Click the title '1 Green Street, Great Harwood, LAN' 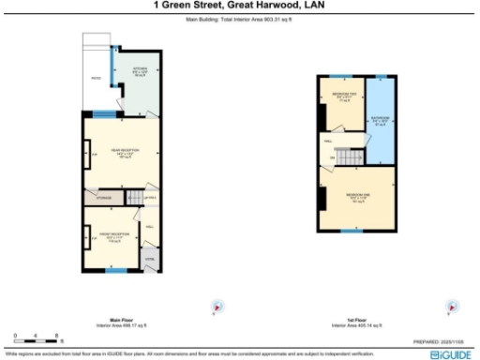[240, 5]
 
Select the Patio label [95, 79]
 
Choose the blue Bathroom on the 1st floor [381, 121]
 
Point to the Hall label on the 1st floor [328, 141]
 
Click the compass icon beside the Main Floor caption [217, 306]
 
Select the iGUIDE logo [453, 355]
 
